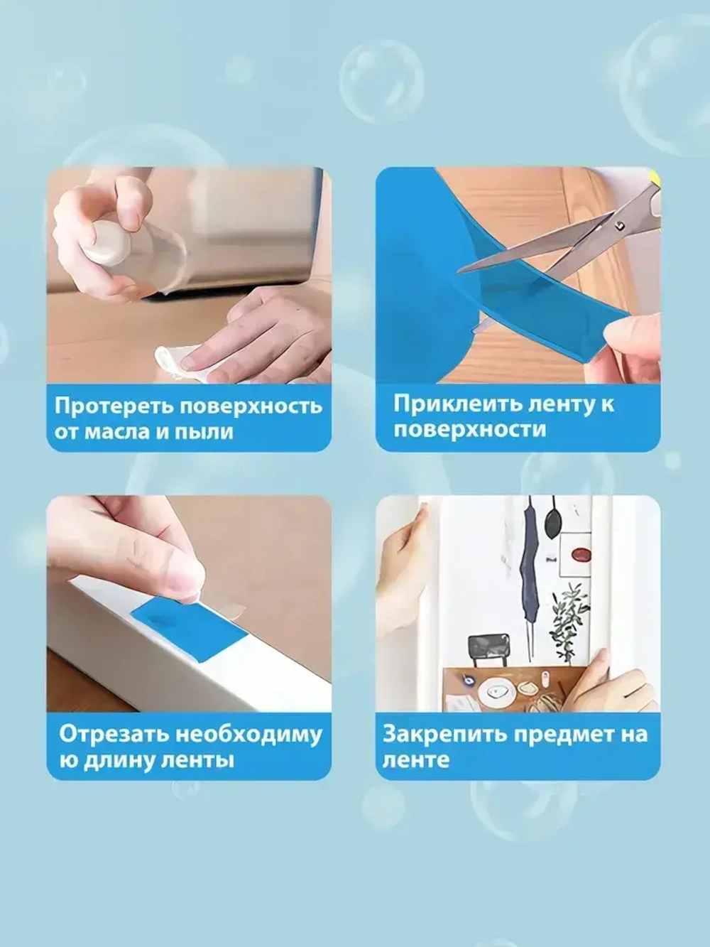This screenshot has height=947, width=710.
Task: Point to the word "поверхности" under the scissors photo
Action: [470, 430]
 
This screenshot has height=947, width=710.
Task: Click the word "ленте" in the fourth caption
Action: [416, 760]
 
